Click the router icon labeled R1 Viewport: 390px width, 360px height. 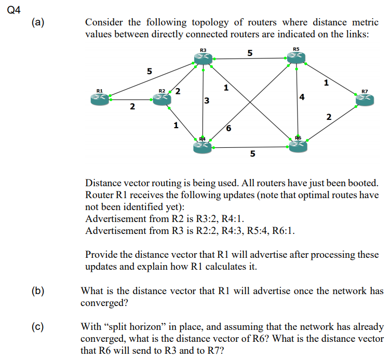click(x=99, y=100)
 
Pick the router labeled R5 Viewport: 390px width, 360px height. click(x=296, y=59)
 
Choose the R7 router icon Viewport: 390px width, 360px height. click(x=365, y=100)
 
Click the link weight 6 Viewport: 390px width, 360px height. click(x=228, y=128)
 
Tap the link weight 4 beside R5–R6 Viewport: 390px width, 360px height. click(x=302, y=97)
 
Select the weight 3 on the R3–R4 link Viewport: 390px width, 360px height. click(x=207, y=100)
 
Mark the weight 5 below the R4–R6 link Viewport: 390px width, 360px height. click(x=252, y=154)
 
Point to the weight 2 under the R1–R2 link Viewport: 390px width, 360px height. click(x=132, y=107)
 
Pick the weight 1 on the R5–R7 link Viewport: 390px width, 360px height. click(x=326, y=82)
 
